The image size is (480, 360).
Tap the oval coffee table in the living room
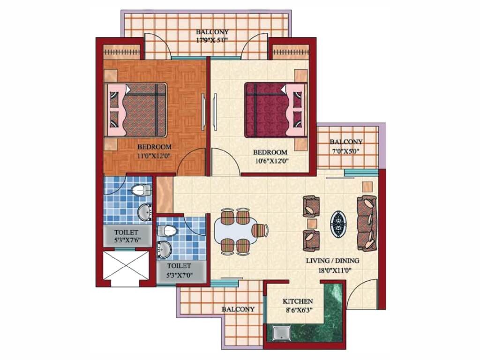tap(338, 223)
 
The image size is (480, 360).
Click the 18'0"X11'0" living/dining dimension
tap(332, 270)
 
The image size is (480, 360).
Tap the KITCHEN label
tap(298, 301)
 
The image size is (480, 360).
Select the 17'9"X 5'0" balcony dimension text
tap(212, 39)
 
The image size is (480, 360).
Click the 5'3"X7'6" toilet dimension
tap(127, 240)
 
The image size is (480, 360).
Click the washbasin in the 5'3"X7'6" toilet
tap(144, 212)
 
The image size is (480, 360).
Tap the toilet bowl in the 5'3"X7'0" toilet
tap(167, 231)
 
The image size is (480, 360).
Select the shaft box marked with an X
tap(126, 265)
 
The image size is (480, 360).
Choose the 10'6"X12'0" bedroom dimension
tap(270, 161)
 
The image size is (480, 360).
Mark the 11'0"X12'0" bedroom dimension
tap(154, 156)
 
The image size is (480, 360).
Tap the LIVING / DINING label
tap(332, 261)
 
